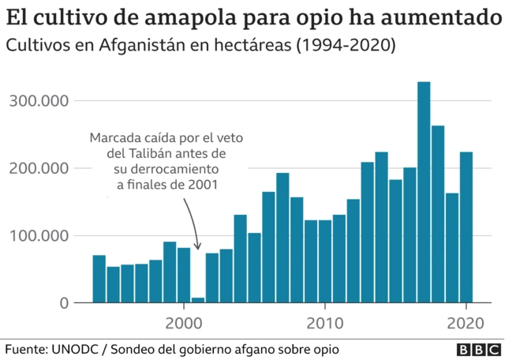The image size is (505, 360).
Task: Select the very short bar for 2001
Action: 198,300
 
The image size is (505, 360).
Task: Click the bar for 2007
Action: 282,238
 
